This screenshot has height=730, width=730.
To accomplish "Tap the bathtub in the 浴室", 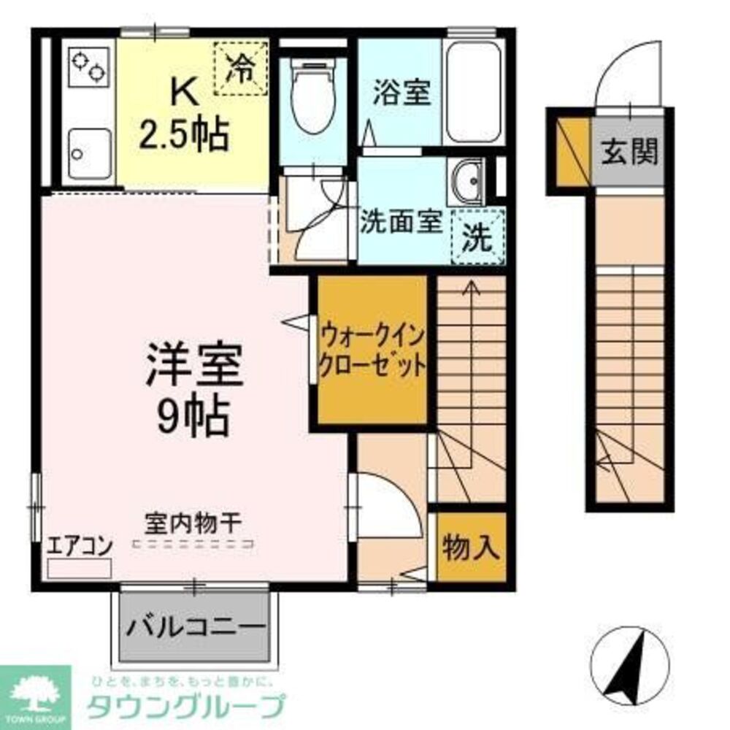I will coord(473,93).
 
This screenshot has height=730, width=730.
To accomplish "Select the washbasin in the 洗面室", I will coord(469,180).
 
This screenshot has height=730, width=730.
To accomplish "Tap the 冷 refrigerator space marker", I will coord(240,68).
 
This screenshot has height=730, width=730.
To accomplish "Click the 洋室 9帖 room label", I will coord(193,391).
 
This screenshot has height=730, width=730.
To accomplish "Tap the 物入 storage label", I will coord(471,547).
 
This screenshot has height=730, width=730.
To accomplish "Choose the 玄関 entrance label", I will coord(629,152).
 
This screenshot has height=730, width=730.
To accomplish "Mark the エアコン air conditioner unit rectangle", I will coord(79,569).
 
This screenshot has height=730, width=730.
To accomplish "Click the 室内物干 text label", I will coord(193,524).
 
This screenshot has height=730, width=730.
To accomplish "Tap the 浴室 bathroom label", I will coord(401,94).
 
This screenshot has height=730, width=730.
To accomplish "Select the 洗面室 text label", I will coord(401,223).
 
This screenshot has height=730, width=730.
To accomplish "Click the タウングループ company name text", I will coord(185,707).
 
